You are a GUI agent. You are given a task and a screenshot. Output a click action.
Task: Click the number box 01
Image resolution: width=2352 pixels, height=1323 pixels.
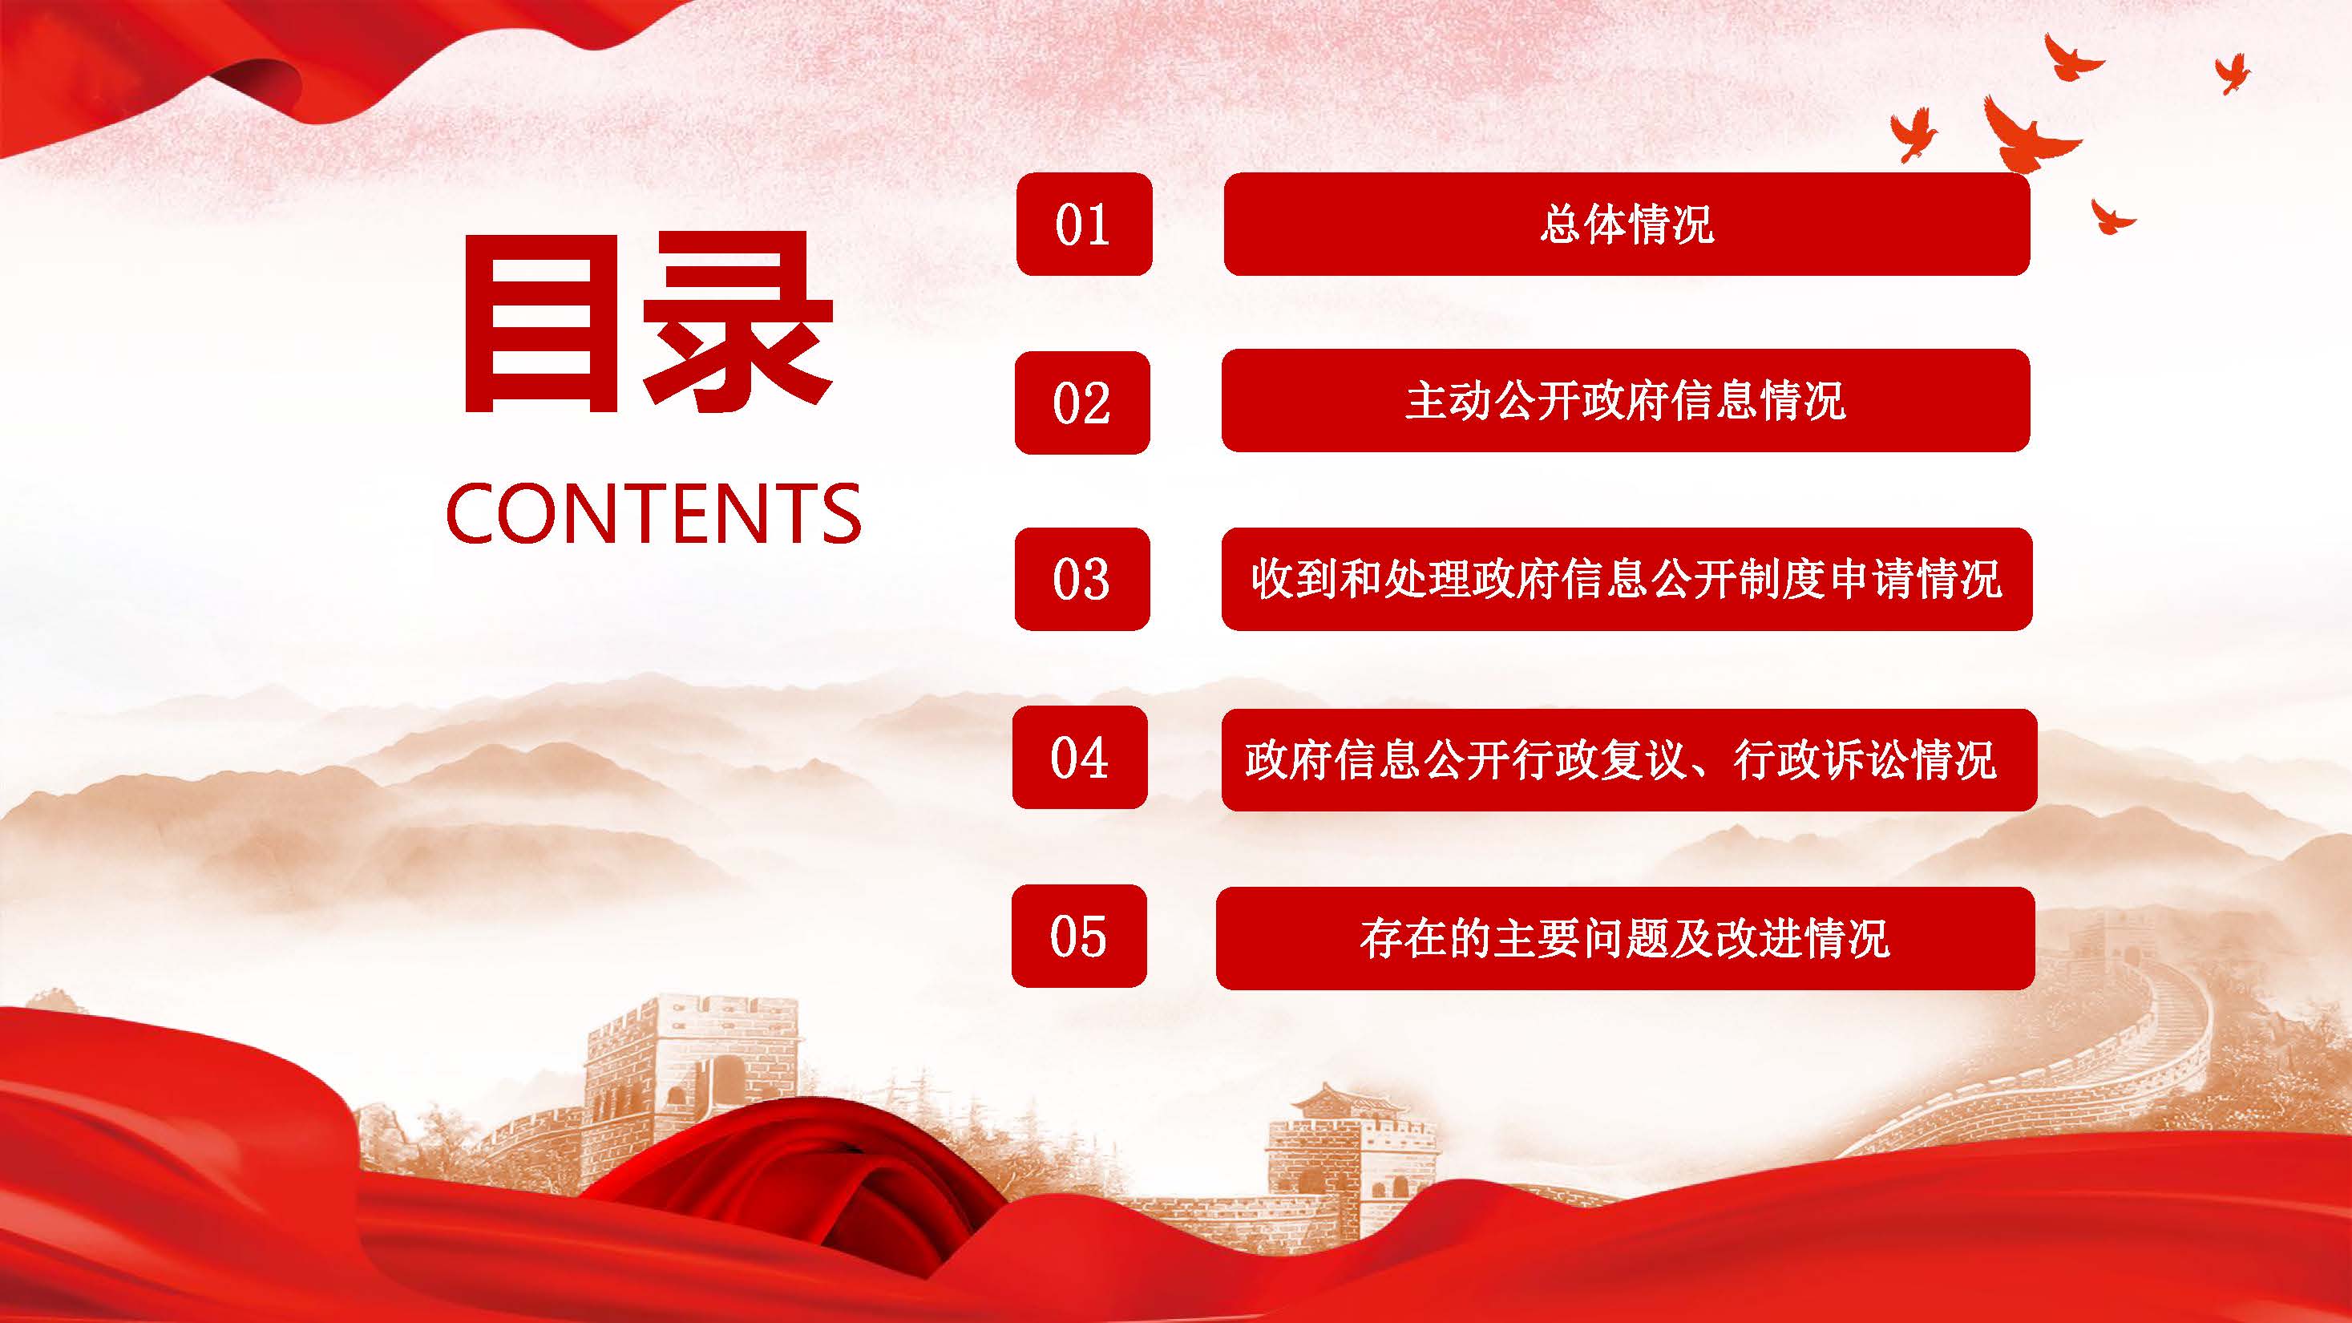1084,224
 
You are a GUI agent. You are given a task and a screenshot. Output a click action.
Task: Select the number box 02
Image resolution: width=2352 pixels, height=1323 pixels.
1082,402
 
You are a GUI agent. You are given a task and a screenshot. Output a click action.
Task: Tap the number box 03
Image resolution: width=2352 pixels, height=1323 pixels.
1082,579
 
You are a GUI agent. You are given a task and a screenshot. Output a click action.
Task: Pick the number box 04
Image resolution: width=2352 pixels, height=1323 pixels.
1079,757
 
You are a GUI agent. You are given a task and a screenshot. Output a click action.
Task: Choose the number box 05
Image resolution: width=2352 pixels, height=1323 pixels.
1078,936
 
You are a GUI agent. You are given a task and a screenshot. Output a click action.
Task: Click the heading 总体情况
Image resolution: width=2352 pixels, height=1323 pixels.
1627,224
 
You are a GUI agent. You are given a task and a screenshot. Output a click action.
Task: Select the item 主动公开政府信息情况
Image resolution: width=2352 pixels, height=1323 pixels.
1625,400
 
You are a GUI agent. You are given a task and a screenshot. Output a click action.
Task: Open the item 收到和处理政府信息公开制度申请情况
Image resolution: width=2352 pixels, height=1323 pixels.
1627,579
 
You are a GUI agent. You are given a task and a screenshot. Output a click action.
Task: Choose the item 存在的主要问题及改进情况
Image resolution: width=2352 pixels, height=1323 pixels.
1625,937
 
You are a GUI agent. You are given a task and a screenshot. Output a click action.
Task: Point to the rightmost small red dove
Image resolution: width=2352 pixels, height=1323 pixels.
2233,72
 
